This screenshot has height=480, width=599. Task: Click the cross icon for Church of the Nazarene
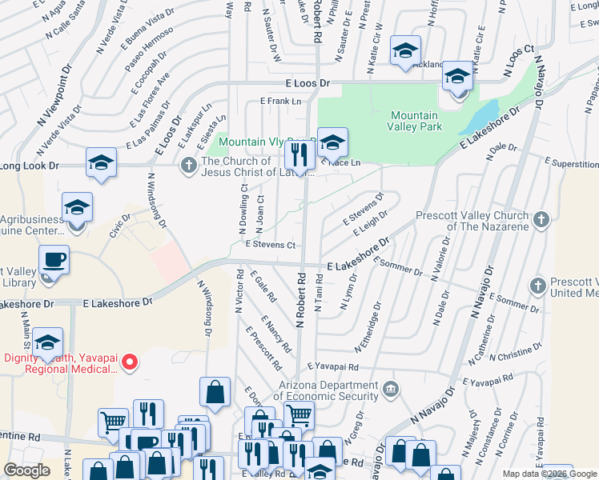(541, 219)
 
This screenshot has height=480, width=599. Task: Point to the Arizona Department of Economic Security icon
(390, 390)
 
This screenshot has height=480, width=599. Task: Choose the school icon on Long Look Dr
(102, 163)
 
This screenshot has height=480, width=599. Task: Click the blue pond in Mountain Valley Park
(481, 118)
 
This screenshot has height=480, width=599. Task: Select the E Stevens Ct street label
(271, 245)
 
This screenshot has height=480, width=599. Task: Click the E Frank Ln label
(280, 101)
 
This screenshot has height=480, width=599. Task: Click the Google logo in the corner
(26, 470)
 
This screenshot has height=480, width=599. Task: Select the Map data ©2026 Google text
(550, 474)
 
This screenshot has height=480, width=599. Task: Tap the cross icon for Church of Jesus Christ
(188, 165)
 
